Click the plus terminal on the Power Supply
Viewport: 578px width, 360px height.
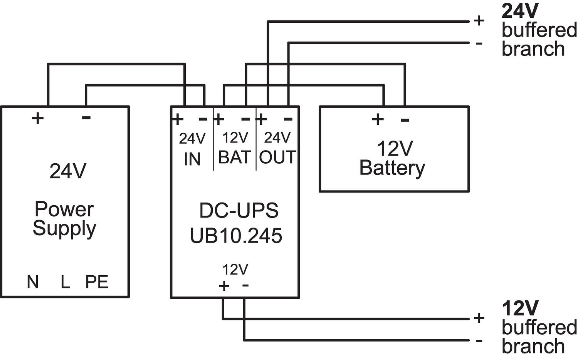37,118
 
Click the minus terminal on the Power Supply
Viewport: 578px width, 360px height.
86,117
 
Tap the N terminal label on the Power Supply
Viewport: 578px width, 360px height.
33,282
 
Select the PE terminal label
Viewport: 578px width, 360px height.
97,282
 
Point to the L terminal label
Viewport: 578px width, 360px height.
65,282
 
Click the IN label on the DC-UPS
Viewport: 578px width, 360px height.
192,159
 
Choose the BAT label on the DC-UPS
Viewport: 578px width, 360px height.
235,157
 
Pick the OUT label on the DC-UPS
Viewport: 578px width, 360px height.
277,157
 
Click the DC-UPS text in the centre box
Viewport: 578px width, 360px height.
239,211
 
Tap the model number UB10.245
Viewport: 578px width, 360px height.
236,235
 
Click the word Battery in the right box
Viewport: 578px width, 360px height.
392,168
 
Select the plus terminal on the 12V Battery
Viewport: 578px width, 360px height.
378,119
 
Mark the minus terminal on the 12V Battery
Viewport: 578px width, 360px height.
405,120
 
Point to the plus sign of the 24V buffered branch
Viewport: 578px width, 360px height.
479,20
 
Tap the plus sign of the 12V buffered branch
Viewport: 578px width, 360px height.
479,318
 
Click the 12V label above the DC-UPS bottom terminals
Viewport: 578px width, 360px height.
235,270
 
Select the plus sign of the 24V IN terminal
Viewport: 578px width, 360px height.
178,119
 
